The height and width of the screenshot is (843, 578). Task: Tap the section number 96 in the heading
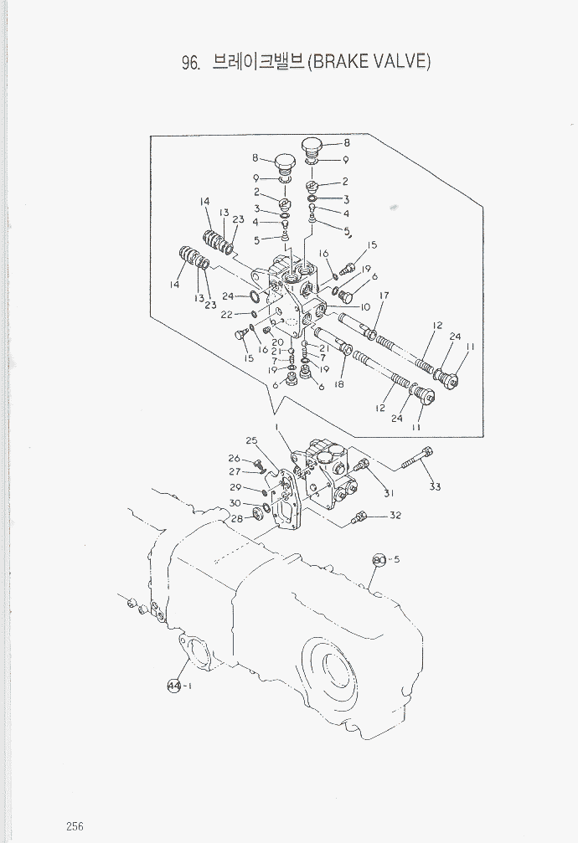pos(190,64)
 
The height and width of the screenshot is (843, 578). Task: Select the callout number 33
pos(435,486)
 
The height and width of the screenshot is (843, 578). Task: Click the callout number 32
pos(395,516)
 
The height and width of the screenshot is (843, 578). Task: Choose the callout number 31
pos(388,494)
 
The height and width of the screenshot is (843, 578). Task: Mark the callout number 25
pos(250,440)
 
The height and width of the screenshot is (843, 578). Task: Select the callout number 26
pos(235,458)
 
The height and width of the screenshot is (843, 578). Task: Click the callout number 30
pos(235,503)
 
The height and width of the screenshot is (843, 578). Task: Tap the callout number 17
pos(384,296)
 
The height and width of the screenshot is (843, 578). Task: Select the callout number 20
pos(277,342)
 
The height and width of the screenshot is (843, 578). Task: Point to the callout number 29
pos(235,487)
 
